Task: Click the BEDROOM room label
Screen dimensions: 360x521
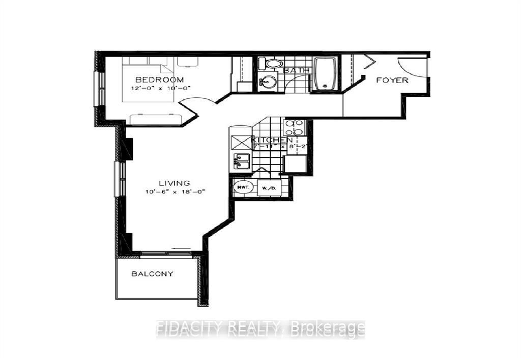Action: (159, 80)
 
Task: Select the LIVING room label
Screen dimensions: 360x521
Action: (174, 183)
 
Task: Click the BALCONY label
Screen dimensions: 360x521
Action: (153, 273)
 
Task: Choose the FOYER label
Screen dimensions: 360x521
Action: (392, 80)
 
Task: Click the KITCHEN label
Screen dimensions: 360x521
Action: (272, 140)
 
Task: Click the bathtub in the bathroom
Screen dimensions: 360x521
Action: (324, 73)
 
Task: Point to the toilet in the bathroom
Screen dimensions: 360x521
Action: (272, 65)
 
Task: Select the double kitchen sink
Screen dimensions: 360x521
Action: (241, 161)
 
